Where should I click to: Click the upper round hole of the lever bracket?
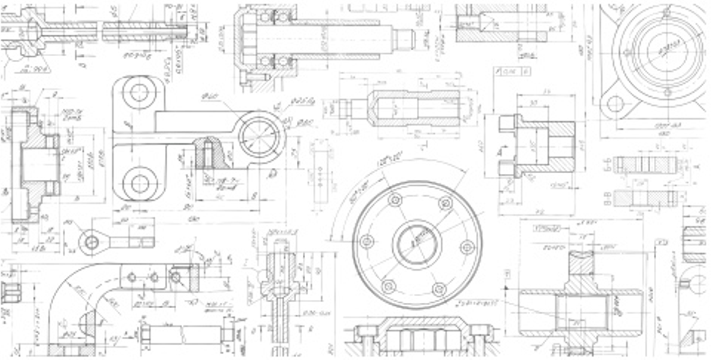point(139,93)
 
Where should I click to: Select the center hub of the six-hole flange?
point(417,244)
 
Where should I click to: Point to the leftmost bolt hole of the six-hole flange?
point(367,241)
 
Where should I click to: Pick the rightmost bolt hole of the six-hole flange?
point(467,246)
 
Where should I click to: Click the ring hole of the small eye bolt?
point(92,242)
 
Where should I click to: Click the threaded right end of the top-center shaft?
point(404,39)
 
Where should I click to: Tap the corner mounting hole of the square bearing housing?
point(615,104)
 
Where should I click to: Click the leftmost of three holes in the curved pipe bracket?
point(132,277)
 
